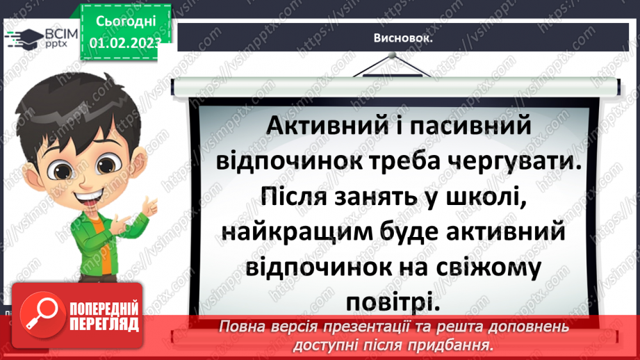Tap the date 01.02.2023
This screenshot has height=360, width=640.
124,41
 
